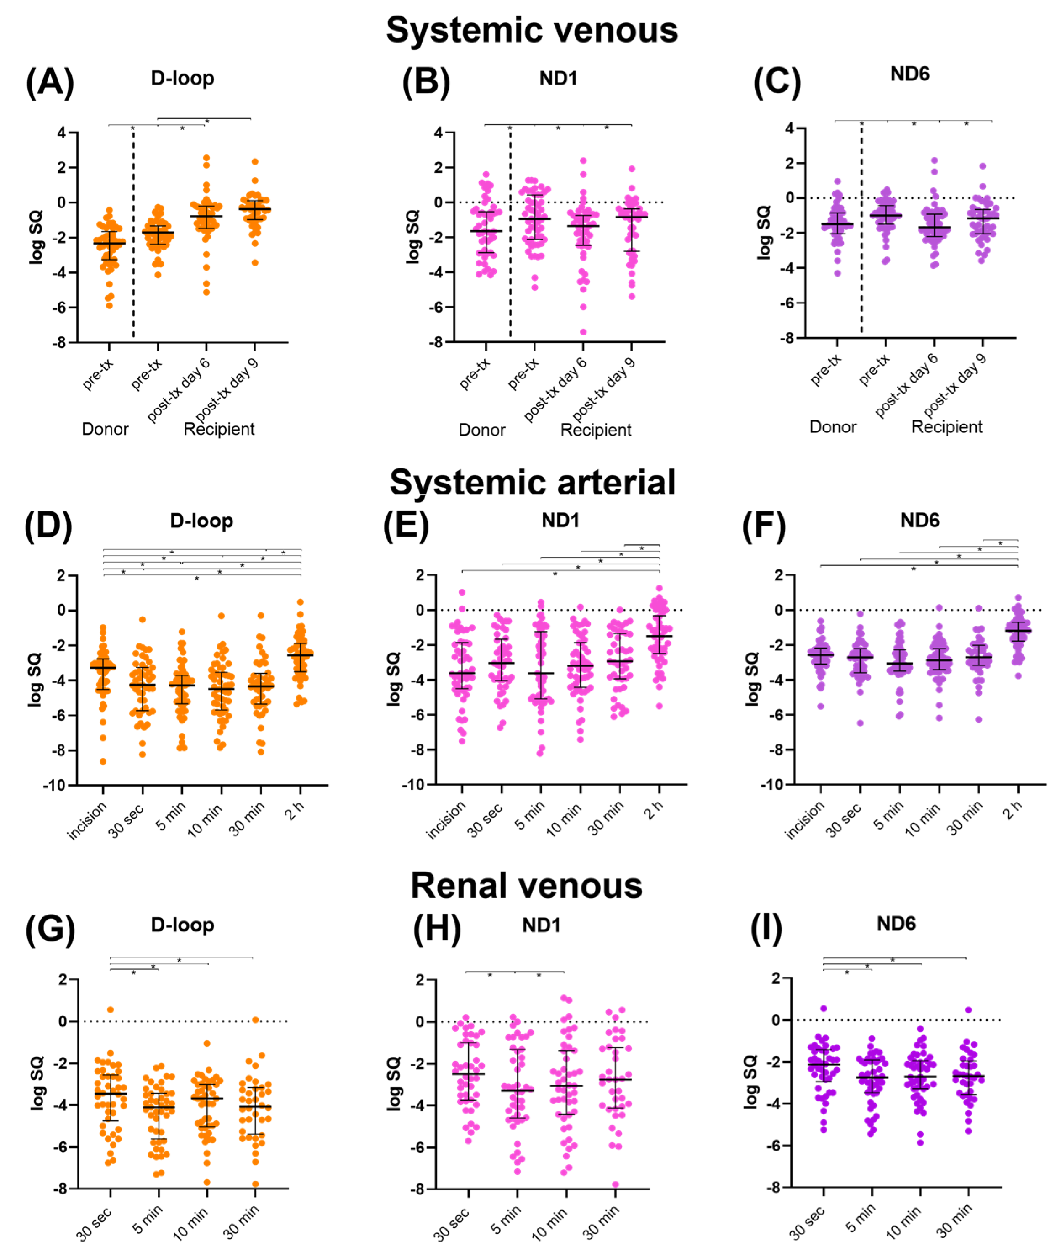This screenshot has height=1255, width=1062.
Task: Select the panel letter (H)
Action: click(436, 928)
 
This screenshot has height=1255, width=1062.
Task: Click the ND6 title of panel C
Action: click(910, 74)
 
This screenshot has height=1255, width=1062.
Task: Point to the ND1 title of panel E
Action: click(560, 521)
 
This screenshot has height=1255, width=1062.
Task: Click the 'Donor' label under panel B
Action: click(482, 430)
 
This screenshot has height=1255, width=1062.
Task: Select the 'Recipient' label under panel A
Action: click(219, 429)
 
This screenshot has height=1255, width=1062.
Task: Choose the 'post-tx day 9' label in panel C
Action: click(955, 386)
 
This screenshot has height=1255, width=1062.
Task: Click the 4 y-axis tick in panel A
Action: click(62, 133)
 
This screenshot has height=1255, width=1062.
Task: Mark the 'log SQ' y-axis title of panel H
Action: click(393, 1083)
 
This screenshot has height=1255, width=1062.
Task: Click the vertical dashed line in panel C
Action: click(861, 241)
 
